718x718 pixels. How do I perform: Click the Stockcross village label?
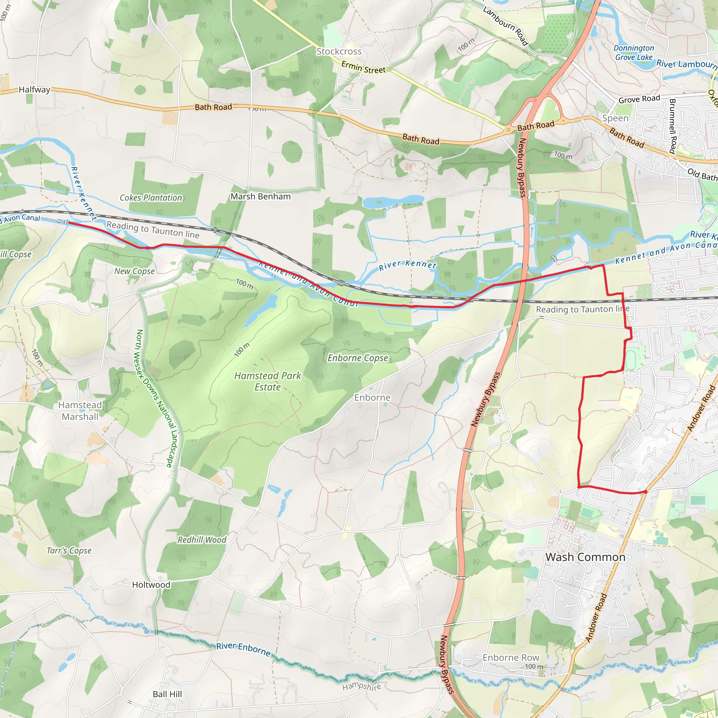pyautogui.click(x=339, y=51)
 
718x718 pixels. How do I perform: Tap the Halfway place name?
pyautogui.click(x=34, y=89)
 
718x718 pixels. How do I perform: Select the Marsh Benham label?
pyautogui.click(x=260, y=197)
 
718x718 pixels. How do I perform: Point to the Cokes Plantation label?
pyautogui.click(x=151, y=198)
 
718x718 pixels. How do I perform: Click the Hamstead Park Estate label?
pyautogui.click(x=267, y=381)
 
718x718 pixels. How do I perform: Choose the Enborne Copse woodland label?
pyautogui.click(x=358, y=358)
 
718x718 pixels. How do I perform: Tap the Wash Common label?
pyautogui.click(x=585, y=557)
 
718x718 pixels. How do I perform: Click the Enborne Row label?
pyautogui.click(x=510, y=658)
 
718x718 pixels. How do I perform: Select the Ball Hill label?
pyautogui.click(x=167, y=694)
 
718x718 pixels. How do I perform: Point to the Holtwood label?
pyautogui.click(x=151, y=584)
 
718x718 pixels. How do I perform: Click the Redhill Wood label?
pyautogui.click(x=202, y=540)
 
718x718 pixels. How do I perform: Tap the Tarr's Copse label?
pyautogui.click(x=69, y=550)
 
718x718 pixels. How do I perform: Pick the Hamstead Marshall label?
pyautogui.click(x=80, y=411)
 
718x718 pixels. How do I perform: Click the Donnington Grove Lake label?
pyautogui.click(x=634, y=53)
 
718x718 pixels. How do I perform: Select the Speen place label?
pyautogui.click(x=615, y=118)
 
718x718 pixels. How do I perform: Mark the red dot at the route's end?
pyautogui.click(x=645, y=492)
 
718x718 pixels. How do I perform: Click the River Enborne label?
pyautogui.click(x=243, y=649)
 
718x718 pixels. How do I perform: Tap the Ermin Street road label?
pyautogui.click(x=364, y=68)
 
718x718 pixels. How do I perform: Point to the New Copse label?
pyautogui.click(x=135, y=271)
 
